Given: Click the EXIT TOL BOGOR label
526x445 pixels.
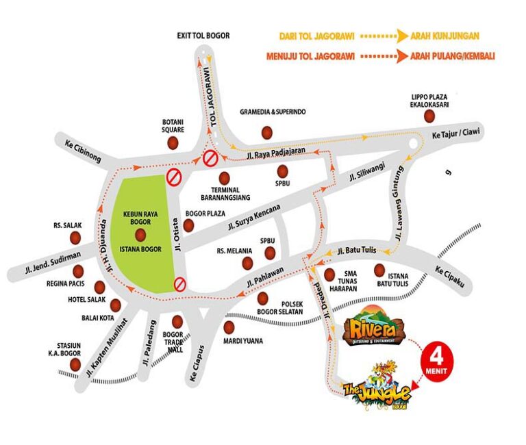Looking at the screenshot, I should click(x=203, y=36).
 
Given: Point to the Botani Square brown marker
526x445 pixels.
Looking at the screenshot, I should click(x=173, y=142).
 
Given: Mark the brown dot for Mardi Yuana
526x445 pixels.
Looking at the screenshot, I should click(x=229, y=327).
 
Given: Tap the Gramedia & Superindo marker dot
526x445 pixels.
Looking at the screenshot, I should click(x=267, y=131).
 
